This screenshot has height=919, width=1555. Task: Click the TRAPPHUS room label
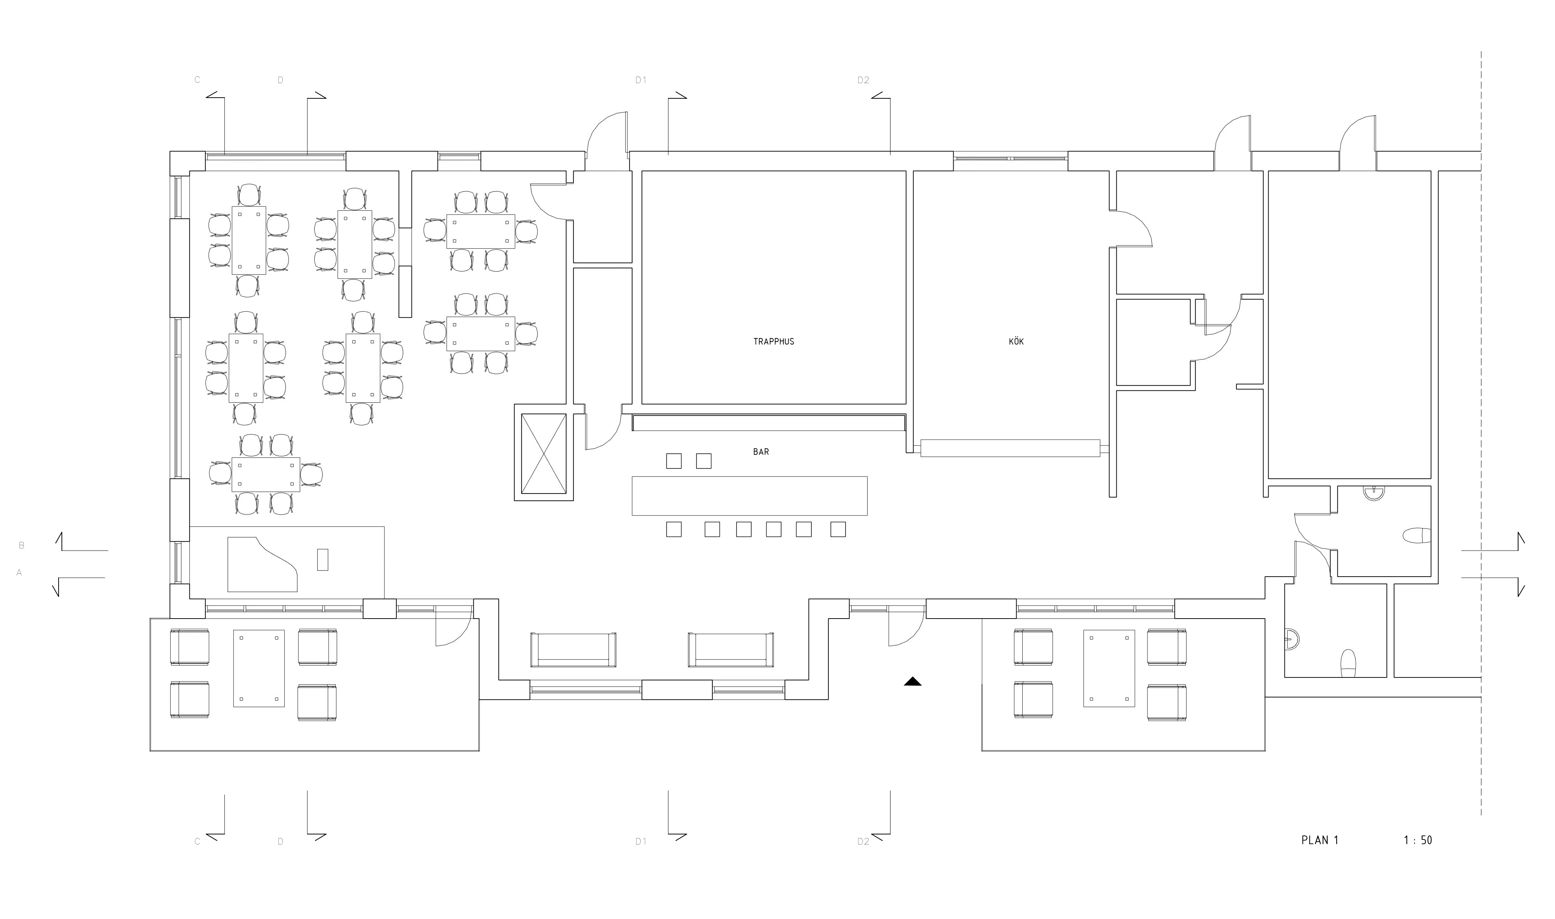774,341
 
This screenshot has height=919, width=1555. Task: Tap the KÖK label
1016,341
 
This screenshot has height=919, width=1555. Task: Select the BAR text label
761,452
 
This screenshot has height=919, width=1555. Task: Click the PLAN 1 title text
1320,840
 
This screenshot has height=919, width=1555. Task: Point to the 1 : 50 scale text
1418,840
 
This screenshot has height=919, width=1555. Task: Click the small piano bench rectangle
323,559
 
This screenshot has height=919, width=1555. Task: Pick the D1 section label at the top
641,80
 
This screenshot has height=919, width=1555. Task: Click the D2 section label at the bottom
863,842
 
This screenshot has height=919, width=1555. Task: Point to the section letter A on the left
19,573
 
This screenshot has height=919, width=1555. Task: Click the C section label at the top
197,80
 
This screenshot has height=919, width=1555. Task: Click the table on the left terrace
259,668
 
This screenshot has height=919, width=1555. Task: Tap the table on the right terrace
1109,668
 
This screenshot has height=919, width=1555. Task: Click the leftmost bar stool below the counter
674,530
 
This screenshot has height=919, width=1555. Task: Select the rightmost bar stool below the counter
838,530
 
